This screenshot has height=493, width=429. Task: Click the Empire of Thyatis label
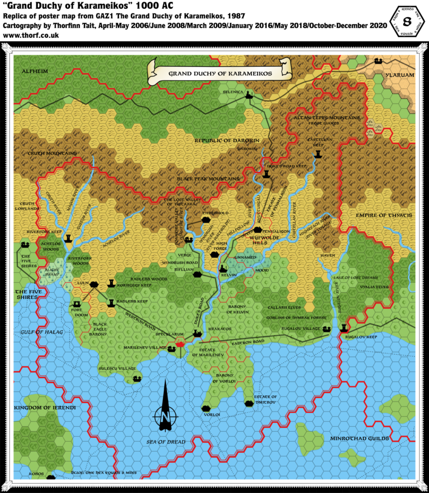(x=384, y=215)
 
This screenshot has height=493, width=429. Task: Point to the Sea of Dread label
(x=166, y=442)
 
